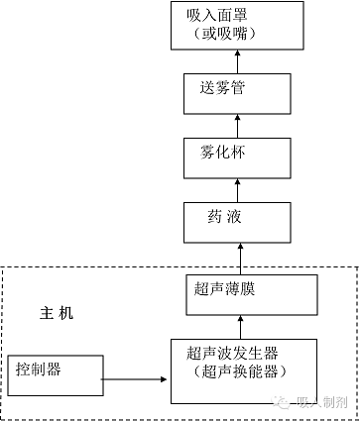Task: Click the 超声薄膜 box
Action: click(x=237, y=295)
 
